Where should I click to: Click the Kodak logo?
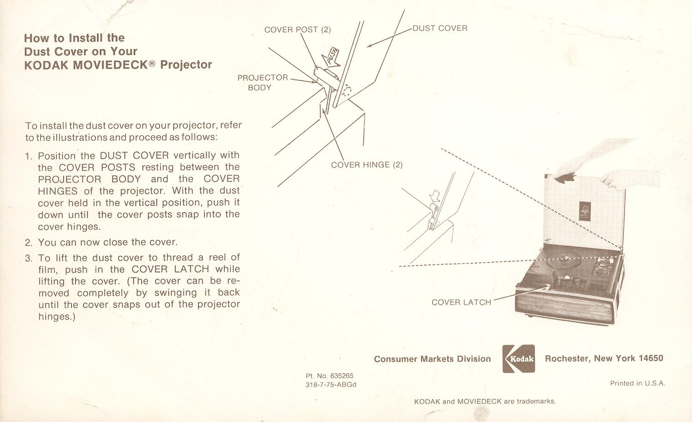point(519,358)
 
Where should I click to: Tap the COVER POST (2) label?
point(297,30)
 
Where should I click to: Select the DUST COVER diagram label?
point(440,28)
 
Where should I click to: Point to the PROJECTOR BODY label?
point(262,83)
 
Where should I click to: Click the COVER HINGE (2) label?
point(366,165)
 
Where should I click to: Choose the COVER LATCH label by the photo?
point(461,302)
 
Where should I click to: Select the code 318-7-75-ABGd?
point(331,385)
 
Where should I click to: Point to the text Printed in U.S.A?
point(637,383)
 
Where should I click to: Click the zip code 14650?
point(650,358)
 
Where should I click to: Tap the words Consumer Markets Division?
point(432,359)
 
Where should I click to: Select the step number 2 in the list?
point(29,242)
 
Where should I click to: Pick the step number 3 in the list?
point(29,258)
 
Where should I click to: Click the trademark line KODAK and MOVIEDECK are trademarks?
point(485,401)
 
